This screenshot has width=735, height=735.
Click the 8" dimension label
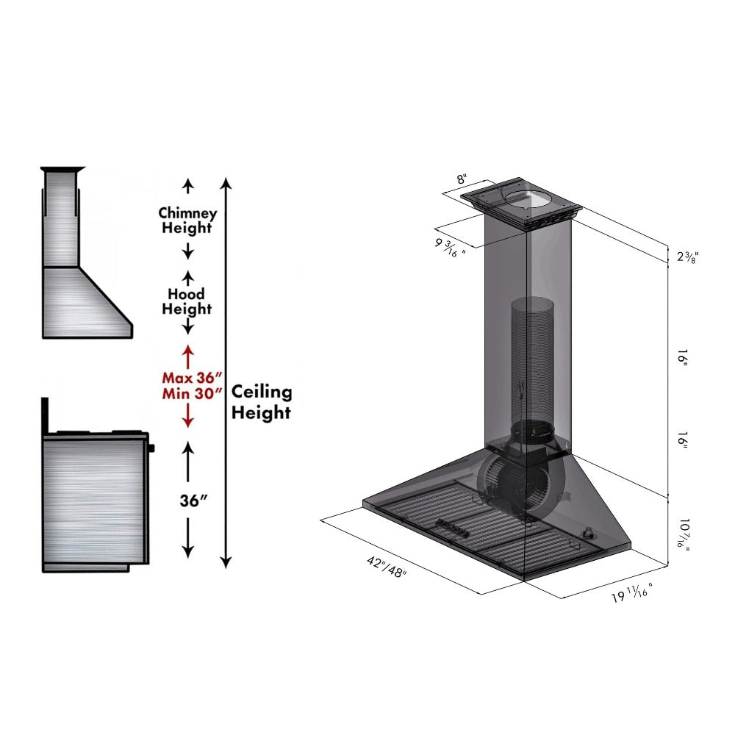(x=462, y=179)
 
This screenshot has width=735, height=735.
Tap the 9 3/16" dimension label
(x=450, y=246)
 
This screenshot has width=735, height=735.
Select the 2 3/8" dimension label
(x=686, y=257)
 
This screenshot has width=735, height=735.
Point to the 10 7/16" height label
(x=684, y=536)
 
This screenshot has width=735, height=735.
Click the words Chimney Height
(x=187, y=220)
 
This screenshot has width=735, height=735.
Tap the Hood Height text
(x=187, y=302)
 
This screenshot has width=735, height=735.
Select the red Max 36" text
(x=191, y=377)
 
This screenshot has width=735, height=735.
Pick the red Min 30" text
(x=191, y=393)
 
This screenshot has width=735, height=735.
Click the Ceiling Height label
(x=261, y=403)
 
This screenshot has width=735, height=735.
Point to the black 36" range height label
(x=193, y=501)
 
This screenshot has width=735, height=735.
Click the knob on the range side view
(x=152, y=447)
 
